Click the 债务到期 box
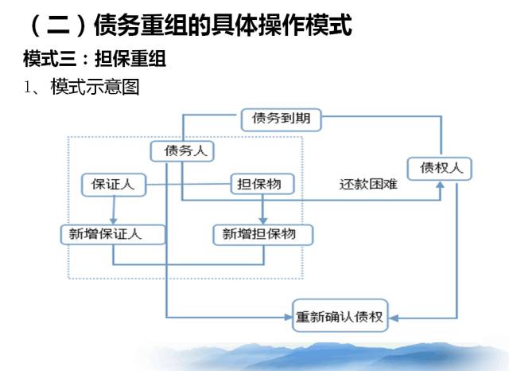pos(281,120)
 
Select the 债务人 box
pos(182,151)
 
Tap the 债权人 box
pos(440,169)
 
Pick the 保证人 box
pos(114,185)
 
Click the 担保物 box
pos(262,184)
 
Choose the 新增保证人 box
pos(113,234)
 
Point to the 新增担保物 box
pos(263,235)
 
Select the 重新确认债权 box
pos(340,315)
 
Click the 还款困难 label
pos(368,184)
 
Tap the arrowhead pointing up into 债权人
pos(440,185)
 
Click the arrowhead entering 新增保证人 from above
pos(113,221)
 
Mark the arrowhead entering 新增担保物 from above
pos(263,221)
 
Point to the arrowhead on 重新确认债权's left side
pos(288,317)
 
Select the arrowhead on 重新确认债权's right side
pos(394,318)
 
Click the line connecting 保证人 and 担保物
pos(188,184)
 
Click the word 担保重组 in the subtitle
pos(130,59)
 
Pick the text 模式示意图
pos(95,87)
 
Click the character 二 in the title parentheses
pos(58,25)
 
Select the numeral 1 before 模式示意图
pos(27,87)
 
